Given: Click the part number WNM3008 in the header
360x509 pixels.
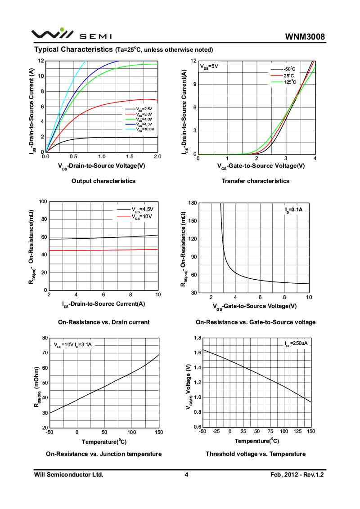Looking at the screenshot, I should coord(305,37).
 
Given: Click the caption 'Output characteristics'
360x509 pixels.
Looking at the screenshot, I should coord(103,181).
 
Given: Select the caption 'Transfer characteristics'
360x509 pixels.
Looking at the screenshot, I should coord(256,181).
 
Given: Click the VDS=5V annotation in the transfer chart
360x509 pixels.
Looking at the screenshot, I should coord(209,66).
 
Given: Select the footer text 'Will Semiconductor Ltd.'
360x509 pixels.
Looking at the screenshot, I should coord(69,474).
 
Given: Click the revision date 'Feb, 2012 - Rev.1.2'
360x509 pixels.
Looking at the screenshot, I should coord(297,474).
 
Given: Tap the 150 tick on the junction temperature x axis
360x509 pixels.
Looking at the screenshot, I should coord(158,432).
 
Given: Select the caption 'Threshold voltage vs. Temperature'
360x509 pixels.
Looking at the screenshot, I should coord(256,454).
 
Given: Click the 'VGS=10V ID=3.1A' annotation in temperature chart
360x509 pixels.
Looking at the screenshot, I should coord(73,345).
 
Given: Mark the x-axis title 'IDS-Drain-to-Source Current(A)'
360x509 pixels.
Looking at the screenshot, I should coord(103,304).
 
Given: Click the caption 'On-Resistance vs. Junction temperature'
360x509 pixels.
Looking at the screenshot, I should coord(103,454).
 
